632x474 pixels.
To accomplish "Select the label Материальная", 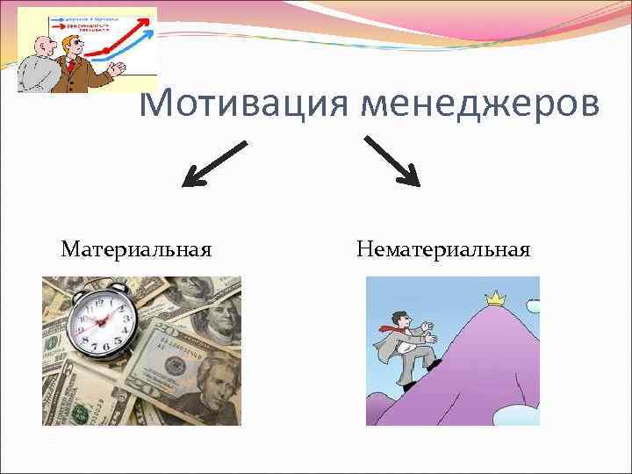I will (136, 250).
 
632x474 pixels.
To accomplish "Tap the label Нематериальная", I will (443, 250).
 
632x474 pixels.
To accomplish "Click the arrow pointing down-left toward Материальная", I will (213, 164).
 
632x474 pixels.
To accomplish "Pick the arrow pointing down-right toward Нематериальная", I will (392, 161).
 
